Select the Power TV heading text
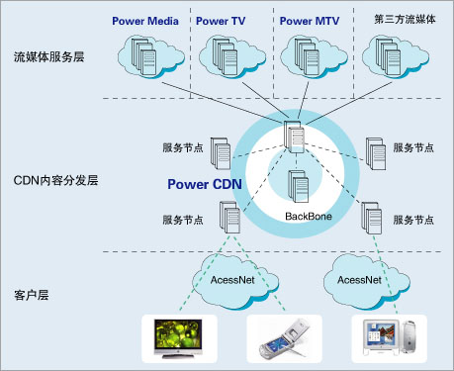(x=223, y=19)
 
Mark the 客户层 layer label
(x=34, y=295)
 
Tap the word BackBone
(x=308, y=216)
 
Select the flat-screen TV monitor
(x=174, y=336)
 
